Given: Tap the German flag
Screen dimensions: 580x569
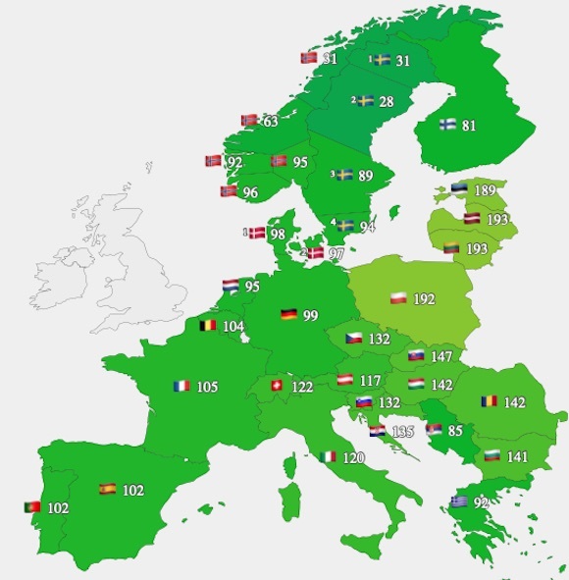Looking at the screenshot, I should pos(288,315).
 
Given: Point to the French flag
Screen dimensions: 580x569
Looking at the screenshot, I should pos(181,387).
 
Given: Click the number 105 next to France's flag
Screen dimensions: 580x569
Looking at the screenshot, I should pos(207,387).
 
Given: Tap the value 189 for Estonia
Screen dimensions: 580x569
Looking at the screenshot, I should pos(485,190).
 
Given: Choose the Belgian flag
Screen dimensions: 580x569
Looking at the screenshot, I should pos(208,325).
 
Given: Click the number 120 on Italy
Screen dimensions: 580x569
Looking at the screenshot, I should pos(354,457).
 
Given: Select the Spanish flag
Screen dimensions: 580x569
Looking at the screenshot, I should pos(107,489).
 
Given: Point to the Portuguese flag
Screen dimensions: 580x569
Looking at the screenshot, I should pos(32,507).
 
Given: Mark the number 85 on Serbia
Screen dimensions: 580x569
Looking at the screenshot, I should pos(455,429).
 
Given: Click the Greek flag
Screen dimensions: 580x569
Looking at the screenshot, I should pos(458,501).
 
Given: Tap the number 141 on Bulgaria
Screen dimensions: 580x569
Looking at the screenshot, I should pos(517,456).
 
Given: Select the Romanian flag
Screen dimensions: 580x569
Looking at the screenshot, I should pos(489,401).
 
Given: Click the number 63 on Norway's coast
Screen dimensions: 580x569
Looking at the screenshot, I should pos(270,121).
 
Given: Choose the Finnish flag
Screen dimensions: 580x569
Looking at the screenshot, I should pos(446,125).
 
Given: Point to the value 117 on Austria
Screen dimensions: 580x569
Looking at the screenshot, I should pos(370,380).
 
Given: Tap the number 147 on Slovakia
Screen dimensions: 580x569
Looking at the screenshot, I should pos(440,356).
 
